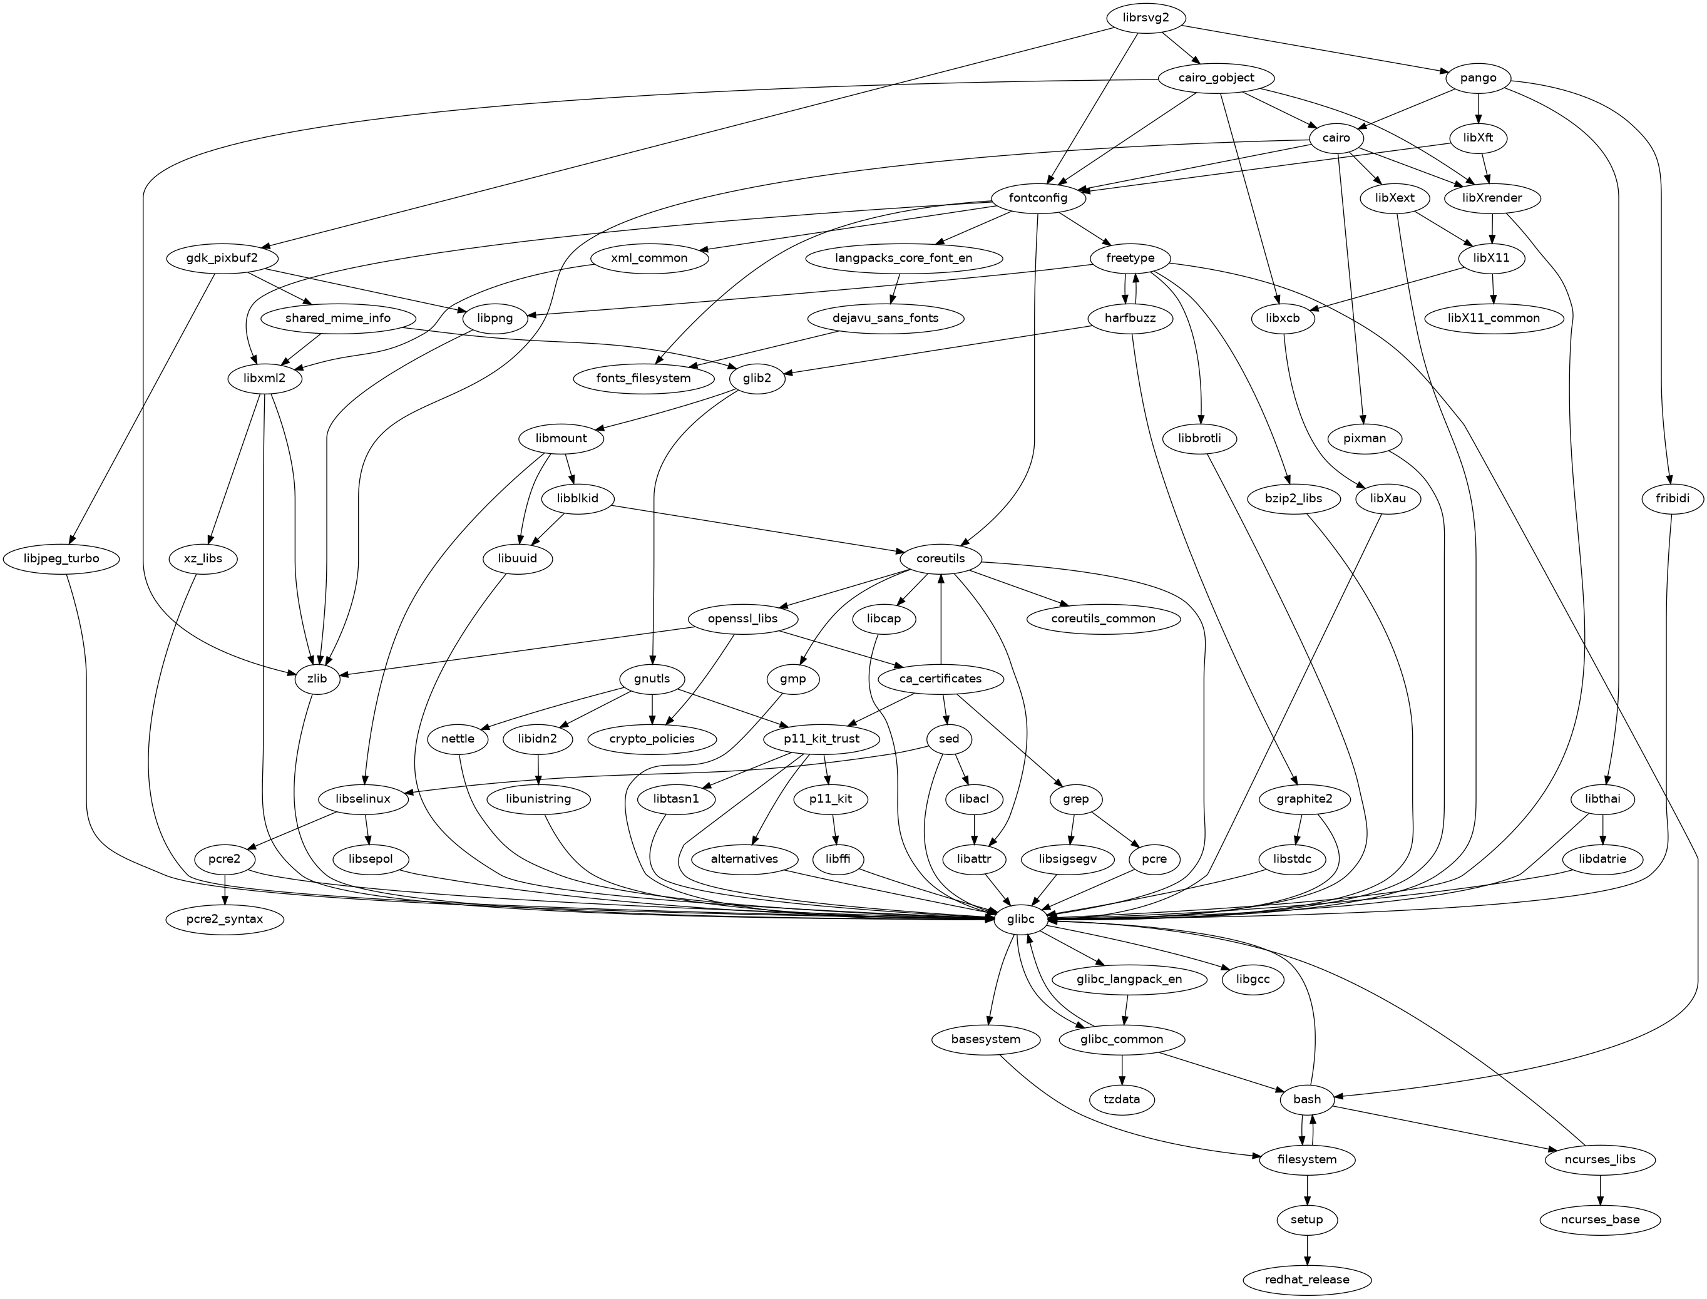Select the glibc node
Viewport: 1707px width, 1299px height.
(x=1022, y=920)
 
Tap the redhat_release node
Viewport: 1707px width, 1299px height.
(x=1307, y=1280)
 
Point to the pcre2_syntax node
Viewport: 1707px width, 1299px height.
(x=224, y=920)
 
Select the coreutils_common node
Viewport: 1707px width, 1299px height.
(x=1103, y=619)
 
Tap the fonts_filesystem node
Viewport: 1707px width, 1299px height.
(x=644, y=378)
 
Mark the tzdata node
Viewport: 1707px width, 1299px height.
(x=1122, y=1099)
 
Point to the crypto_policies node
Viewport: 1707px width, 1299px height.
(x=652, y=739)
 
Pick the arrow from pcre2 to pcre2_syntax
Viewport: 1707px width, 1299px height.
(x=224, y=889)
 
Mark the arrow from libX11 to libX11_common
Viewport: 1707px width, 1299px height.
(x=1494, y=287)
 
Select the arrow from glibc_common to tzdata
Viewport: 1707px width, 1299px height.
(x=1122, y=1069)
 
